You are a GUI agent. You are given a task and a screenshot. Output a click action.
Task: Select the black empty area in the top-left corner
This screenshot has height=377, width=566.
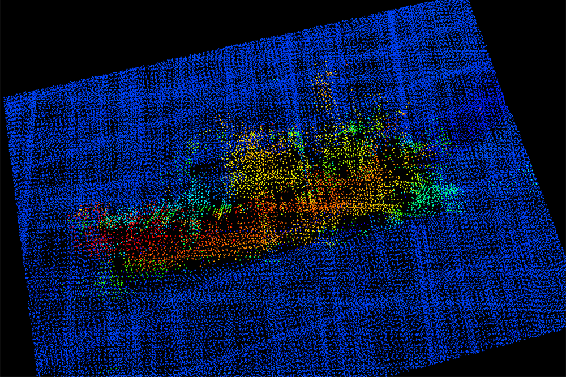pos(85,34)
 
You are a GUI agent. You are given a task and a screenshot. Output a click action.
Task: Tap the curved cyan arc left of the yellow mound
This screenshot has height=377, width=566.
pos(192,170)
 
